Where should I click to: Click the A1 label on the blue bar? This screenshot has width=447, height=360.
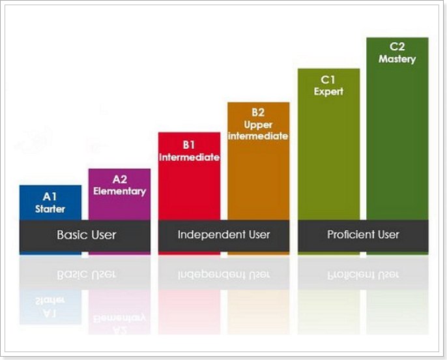tap(50, 196)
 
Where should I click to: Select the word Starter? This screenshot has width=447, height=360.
tap(50, 209)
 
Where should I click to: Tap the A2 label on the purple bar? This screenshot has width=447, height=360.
tap(119, 179)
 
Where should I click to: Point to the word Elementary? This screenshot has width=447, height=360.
tap(119, 191)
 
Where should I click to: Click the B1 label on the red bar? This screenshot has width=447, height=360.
tap(189, 145)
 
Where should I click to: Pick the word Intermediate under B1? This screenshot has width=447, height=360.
tap(189, 157)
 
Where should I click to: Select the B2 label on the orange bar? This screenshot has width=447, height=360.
tap(258, 112)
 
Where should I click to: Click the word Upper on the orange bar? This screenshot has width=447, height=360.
tap(258, 124)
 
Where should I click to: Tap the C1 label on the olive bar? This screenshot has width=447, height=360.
tap(328, 79)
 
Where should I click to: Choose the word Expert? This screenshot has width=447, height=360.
tap(328, 92)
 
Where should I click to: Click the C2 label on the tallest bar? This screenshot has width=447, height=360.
tap(397, 46)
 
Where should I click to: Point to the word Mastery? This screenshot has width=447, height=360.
tap(397, 59)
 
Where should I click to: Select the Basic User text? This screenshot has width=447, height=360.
tap(86, 235)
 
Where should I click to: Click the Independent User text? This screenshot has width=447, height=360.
tap(223, 235)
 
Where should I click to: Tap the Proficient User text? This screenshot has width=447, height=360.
tap(363, 235)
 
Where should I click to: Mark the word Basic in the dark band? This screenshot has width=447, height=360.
tap(71, 235)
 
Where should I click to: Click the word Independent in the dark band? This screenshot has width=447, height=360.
tap(210, 235)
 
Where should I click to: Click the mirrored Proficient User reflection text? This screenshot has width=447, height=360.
tap(363, 273)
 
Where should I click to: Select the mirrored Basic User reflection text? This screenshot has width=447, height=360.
tap(86, 273)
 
